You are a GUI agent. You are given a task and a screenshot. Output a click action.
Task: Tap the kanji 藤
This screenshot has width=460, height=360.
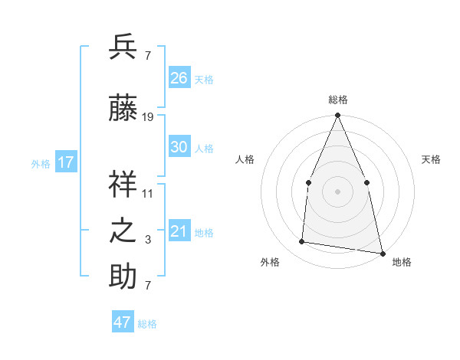[x=123, y=109]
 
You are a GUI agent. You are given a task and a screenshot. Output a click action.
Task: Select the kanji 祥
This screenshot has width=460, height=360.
[x=123, y=184]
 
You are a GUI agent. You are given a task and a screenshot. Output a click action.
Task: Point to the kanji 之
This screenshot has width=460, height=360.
[x=123, y=231]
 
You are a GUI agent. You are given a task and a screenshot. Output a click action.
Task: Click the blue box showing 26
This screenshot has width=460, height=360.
[x=179, y=78]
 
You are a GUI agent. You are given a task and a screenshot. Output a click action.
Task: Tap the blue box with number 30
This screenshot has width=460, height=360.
[x=179, y=147]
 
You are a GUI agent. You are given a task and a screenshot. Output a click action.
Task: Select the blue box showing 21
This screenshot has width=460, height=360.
[x=179, y=231]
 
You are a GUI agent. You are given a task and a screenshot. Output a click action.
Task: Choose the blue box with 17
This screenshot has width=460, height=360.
[x=65, y=162]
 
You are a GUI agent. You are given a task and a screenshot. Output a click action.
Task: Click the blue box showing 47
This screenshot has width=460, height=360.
[x=123, y=322]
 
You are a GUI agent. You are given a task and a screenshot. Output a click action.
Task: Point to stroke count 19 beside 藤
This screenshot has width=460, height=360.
[x=148, y=117]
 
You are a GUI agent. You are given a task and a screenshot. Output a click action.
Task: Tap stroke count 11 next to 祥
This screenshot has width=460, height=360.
[x=148, y=193]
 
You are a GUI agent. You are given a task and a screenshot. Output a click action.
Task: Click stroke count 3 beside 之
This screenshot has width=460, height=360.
[x=148, y=240]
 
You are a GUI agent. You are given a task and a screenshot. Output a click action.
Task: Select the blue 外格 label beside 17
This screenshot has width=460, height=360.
[x=41, y=163]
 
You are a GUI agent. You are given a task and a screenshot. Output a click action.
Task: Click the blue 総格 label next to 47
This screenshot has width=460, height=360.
[x=147, y=324]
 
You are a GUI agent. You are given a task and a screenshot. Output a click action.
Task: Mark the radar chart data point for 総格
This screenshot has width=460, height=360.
[x=337, y=116]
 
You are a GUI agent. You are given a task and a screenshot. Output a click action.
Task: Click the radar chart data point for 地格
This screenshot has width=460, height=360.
[x=381, y=252]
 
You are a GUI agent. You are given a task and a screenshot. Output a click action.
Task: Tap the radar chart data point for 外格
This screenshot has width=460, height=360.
[x=302, y=242]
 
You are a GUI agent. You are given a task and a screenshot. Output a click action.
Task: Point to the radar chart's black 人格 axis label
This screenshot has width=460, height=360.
[x=245, y=159]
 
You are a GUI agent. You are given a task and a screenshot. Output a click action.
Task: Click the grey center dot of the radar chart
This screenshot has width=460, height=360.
[x=337, y=191]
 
